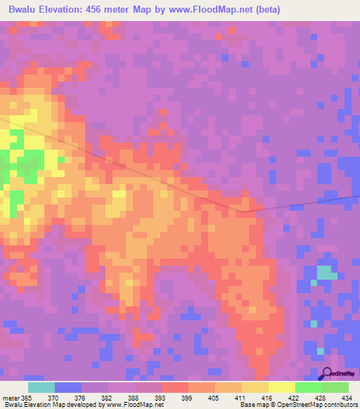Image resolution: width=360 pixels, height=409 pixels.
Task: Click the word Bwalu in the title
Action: pos(24,10)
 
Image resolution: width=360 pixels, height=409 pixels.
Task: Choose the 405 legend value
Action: pos(220,398)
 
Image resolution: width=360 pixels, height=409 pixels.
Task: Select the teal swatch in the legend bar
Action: pos(41,387)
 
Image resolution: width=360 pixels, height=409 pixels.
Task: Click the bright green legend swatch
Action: pos(308,387)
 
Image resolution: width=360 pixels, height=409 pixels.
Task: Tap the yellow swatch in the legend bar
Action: pos(281,387)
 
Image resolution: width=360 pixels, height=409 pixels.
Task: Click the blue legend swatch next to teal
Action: pos(67,387)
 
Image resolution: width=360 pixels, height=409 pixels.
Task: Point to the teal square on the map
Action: pos(324,272)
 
